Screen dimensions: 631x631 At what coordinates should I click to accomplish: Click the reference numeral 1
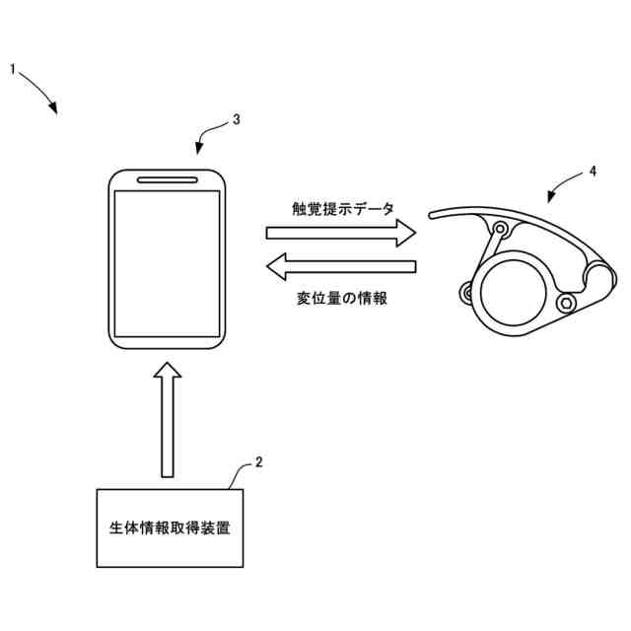[x=13, y=69]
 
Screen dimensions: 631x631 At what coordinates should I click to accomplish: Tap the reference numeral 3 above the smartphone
[x=236, y=119]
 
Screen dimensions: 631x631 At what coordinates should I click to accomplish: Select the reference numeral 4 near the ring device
[x=593, y=171]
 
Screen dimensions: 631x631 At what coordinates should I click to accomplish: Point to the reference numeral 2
[x=258, y=460]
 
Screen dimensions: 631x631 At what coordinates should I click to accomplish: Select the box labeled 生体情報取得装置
[x=170, y=527]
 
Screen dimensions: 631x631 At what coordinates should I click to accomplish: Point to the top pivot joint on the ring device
[x=500, y=231]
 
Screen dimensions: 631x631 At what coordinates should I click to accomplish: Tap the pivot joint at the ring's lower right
[x=565, y=303]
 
